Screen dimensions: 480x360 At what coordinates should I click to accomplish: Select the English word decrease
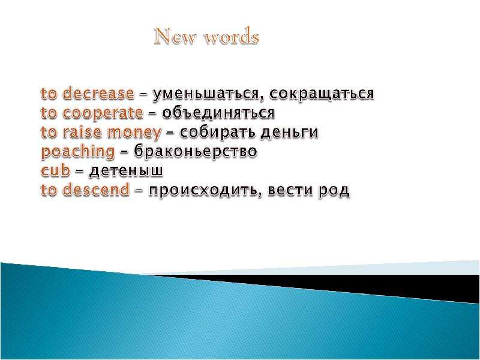coord(98,93)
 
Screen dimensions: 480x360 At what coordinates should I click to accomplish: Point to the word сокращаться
coord(322,94)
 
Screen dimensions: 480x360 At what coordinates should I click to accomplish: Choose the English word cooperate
coord(103,113)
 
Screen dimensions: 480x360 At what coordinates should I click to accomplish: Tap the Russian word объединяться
coord(218,113)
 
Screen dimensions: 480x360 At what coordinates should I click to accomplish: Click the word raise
coord(82,132)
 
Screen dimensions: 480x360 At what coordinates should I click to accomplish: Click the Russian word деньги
coord(290,133)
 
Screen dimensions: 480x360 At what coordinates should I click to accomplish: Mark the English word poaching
coord(78,152)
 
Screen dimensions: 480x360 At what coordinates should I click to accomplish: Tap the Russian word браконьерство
coord(196,151)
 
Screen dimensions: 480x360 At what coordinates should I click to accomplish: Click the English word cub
coord(55,170)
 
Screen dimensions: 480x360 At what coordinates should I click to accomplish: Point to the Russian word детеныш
coord(126,171)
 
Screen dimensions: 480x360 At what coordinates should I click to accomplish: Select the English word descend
coord(96,190)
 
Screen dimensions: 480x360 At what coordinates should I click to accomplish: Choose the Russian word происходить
coord(205,191)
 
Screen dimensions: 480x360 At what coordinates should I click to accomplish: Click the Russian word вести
coord(291,190)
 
